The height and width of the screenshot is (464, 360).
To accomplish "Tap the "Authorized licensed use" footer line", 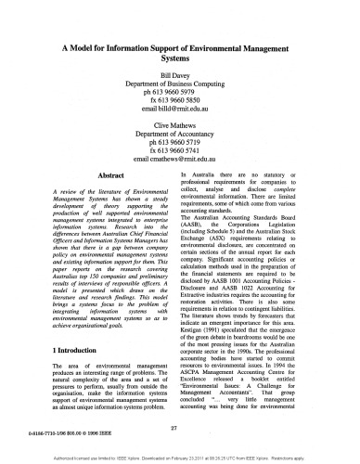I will click(x=180, y=458).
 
